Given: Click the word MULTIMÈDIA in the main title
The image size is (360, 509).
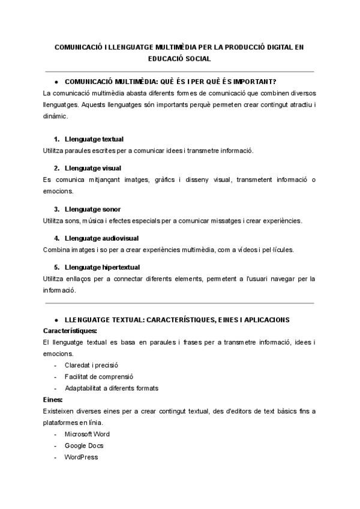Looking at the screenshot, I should point(176,46).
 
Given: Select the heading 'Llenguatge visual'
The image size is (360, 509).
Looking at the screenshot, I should point(92,168).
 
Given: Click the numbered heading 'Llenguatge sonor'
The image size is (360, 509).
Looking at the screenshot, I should point(92,209).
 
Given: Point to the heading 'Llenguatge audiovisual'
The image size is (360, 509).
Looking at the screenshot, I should point(100,238).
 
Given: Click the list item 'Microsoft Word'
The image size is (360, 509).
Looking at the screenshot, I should point(87,434).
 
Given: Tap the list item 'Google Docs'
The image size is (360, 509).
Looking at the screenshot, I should point(84,445).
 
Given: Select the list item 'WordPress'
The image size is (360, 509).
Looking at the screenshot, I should point(81,457).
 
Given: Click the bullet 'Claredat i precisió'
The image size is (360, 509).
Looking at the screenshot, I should point(91,365).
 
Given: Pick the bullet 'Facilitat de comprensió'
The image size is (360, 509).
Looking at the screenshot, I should point(98,376).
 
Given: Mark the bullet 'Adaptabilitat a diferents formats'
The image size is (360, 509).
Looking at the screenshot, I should point(111,388).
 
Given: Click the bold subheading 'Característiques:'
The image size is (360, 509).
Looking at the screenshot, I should point(70,331).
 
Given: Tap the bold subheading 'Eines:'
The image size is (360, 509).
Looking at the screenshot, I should point(53,399).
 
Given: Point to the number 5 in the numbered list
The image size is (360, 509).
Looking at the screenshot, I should point(56,267).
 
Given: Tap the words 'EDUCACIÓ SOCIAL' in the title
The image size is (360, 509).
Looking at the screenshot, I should point(179,59).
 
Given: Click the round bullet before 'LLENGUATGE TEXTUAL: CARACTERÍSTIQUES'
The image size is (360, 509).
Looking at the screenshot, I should point(56,320).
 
